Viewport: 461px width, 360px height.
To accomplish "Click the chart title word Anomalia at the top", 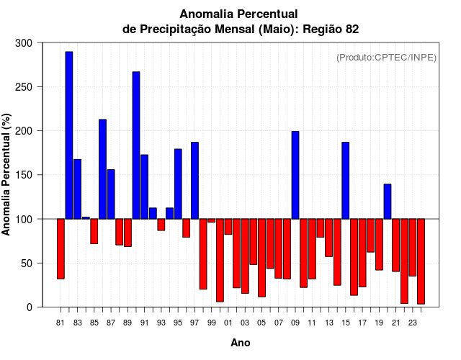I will (205, 14).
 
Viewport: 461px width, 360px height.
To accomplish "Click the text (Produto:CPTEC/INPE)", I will (386, 58).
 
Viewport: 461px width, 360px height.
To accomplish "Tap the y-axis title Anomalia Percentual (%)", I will (7, 174).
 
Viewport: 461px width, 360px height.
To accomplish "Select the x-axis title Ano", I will (241, 343).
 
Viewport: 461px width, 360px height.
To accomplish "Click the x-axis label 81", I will (61, 323).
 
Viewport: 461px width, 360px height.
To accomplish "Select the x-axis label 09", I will (295, 323).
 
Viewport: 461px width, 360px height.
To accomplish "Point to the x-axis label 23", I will (413, 323).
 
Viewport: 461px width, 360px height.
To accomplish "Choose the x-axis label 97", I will (194, 323).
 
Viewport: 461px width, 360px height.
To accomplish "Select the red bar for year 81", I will (61, 248).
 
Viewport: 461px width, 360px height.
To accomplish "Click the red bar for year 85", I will (94, 231).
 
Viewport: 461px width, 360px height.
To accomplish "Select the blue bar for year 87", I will (111, 194).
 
